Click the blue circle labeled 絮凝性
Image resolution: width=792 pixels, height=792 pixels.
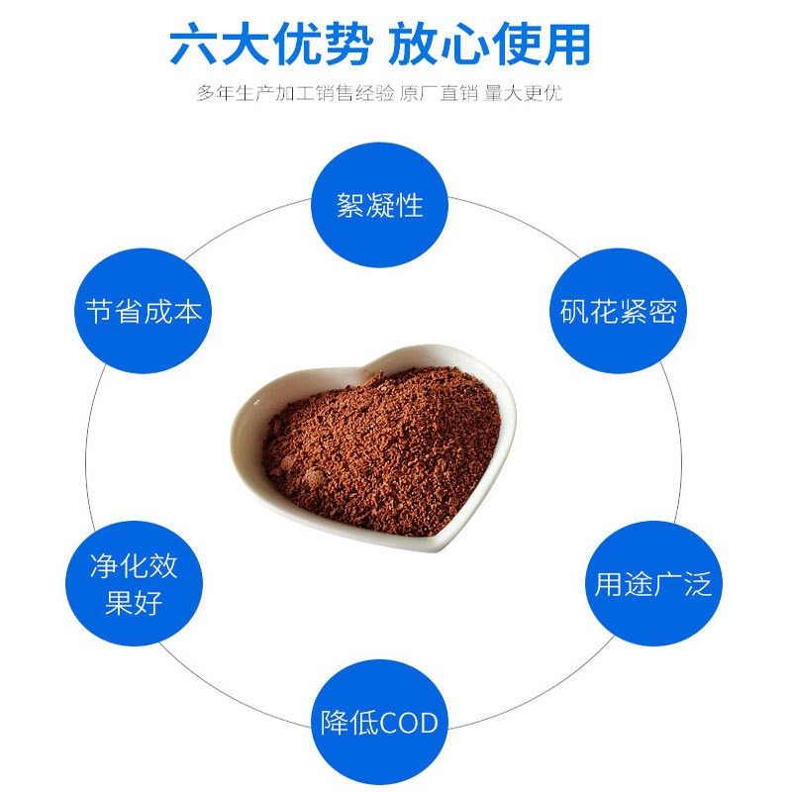click(380, 205)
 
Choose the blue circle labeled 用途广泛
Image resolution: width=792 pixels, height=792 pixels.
click(652, 584)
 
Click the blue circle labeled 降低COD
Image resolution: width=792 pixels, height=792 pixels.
click(380, 722)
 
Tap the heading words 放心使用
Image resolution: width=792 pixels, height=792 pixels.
click(490, 44)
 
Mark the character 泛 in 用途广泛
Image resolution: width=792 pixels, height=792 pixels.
click(698, 584)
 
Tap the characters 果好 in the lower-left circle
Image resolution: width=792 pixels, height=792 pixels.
click(134, 603)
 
